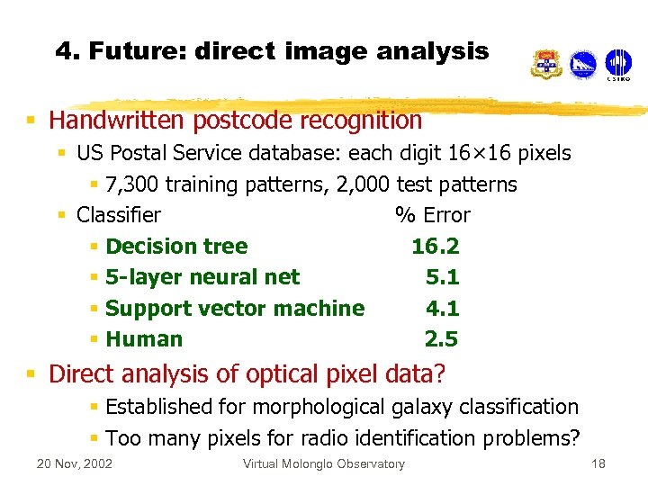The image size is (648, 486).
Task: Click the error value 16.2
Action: pyautogui.click(x=435, y=247)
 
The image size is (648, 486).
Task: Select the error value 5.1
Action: pyautogui.click(x=442, y=277)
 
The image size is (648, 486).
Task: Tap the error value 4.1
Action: pyautogui.click(x=442, y=308)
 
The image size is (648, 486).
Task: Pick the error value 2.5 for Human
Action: pyautogui.click(x=441, y=339)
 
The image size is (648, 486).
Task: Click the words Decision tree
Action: pyautogui.click(x=176, y=247)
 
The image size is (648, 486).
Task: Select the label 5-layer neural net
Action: pyautogui.click(x=202, y=277)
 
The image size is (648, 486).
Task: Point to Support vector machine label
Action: pyautogui.click(x=235, y=308)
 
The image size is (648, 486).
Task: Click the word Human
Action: pyautogui.click(x=144, y=339)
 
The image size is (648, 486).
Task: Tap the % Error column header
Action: pyautogui.click(x=432, y=215)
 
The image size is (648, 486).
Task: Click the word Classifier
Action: pyautogui.click(x=119, y=215)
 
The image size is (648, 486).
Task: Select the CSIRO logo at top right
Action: pyautogui.click(x=617, y=64)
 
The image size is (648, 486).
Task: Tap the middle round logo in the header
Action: pyautogui.click(x=582, y=64)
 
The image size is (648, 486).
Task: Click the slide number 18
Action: pyautogui.click(x=598, y=464)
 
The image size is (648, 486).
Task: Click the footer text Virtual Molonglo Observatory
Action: pyautogui.click(x=324, y=464)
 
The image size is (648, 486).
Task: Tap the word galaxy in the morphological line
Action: pyautogui.click(x=423, y=407)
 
